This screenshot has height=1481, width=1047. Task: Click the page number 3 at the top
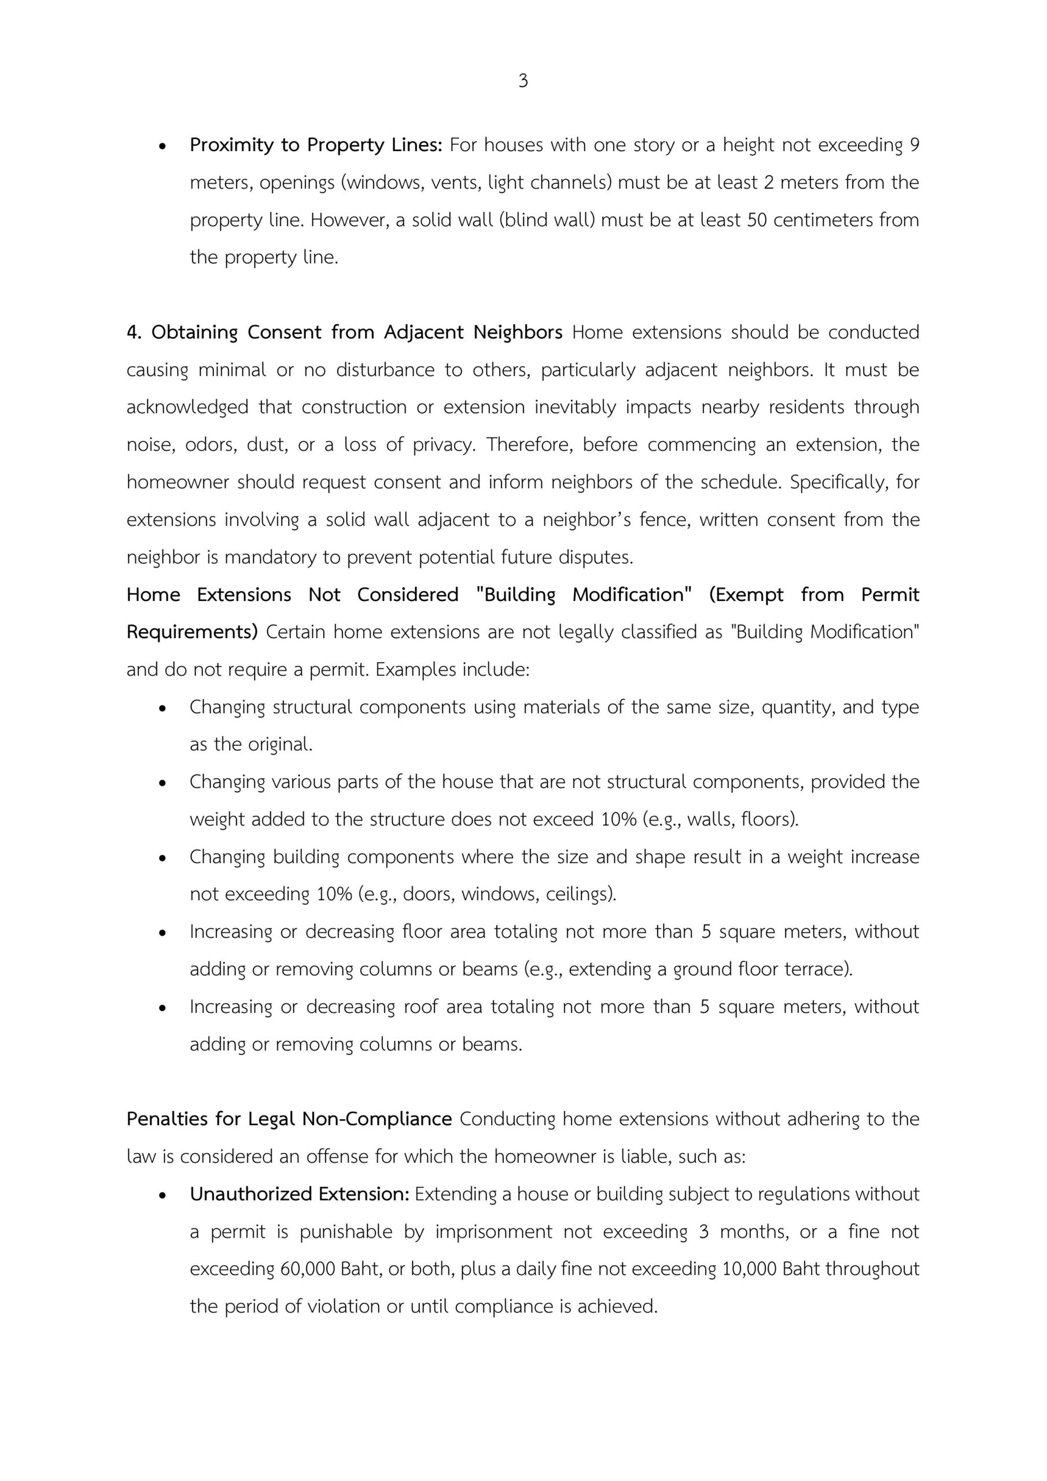click(x=522, y=81)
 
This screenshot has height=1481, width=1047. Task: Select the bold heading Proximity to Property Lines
click(x=315, y=145)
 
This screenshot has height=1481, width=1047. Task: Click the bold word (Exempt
click(x=746, y=595)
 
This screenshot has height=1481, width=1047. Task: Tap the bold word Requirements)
click(x=191, y=632)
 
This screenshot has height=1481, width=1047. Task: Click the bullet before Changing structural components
click(x=163, y=708)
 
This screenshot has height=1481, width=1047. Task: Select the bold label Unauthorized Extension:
click(x=299, y=1194)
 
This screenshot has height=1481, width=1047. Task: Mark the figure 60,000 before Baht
click(x=307, y=1269)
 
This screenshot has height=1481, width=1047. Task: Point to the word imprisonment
click(x=493, y=1232)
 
